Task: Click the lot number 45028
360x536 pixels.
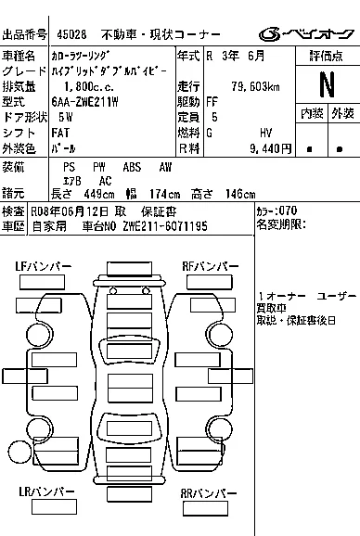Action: pos(71,34)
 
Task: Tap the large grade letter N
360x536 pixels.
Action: pos(327,85)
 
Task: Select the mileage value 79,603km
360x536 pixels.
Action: pos(255,86)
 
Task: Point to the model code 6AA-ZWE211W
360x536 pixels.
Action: pos(84,102)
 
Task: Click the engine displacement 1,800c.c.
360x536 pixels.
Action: pos(89,87)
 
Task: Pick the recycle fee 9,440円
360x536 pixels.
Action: pos(270,148)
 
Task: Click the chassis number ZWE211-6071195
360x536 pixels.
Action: pos(165,226)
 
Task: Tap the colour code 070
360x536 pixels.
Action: pos(288,211)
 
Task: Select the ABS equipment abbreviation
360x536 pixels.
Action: pos(132,167)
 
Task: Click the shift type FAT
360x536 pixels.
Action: pos(60,133)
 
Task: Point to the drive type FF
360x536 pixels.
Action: pos(212,102)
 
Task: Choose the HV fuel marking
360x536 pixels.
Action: pos(265,133)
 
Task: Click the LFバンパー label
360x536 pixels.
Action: pos(44,266)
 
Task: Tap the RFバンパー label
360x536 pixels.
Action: pos(211,266)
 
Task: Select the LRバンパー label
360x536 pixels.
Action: pos(46,491)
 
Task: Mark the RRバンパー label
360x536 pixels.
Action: pos(209,493)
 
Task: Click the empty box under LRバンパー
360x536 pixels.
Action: pos(54,507)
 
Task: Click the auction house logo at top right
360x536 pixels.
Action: pos(306,33)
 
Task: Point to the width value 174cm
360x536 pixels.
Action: pos(165,195)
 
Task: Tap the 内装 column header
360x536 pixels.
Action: pos(312,113)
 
